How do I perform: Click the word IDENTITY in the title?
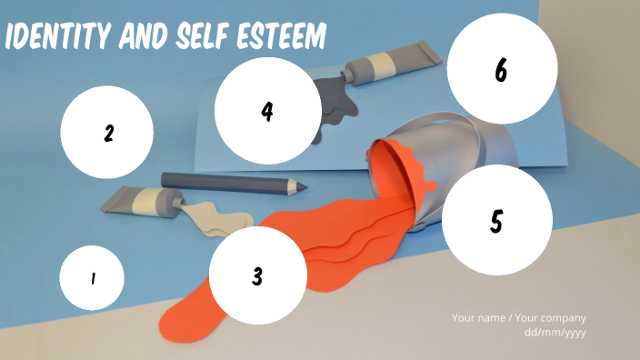point(57,35)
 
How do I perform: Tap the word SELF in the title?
point(202,35)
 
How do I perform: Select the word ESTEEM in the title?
point(282,35)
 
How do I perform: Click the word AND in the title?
point(143,35)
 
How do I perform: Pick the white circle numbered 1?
point(92,278)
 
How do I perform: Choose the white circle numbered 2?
point(107,132)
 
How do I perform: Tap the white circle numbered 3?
point(257,275)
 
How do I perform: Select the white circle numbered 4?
point(268,111)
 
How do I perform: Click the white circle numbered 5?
point(497,220)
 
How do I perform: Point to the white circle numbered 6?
point(502,68)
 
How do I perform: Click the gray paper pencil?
point(234,184)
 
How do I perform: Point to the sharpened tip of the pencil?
point(306,188)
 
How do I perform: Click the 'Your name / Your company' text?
point(519,318)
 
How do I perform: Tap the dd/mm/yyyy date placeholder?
point(555,332)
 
